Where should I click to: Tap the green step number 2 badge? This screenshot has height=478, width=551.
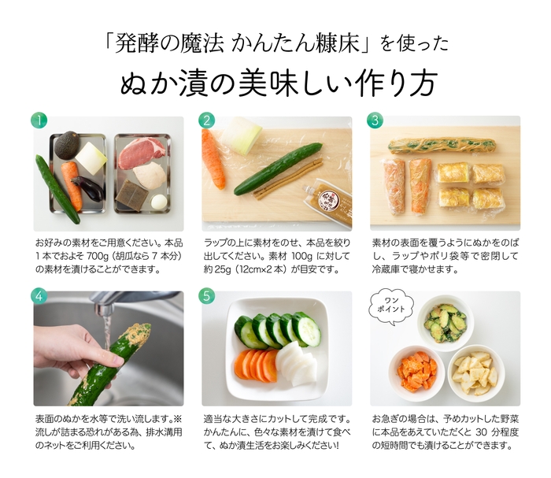click(x=208, y=120)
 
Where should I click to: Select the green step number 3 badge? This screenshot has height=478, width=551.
click(x=375, y=120)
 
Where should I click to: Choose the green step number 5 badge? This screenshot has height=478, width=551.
click(x=208, y=296)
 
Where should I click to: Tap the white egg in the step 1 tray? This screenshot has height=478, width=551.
click(x=158, y=202)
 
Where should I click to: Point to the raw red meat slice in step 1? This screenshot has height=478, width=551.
click(x=142, y=151)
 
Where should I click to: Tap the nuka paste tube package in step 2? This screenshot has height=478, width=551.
click(x=334, y=200)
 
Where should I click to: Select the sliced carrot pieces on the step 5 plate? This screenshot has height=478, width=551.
click(x=257, y=365)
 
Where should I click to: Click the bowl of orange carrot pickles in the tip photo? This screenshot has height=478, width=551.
click(x=416, y=369)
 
